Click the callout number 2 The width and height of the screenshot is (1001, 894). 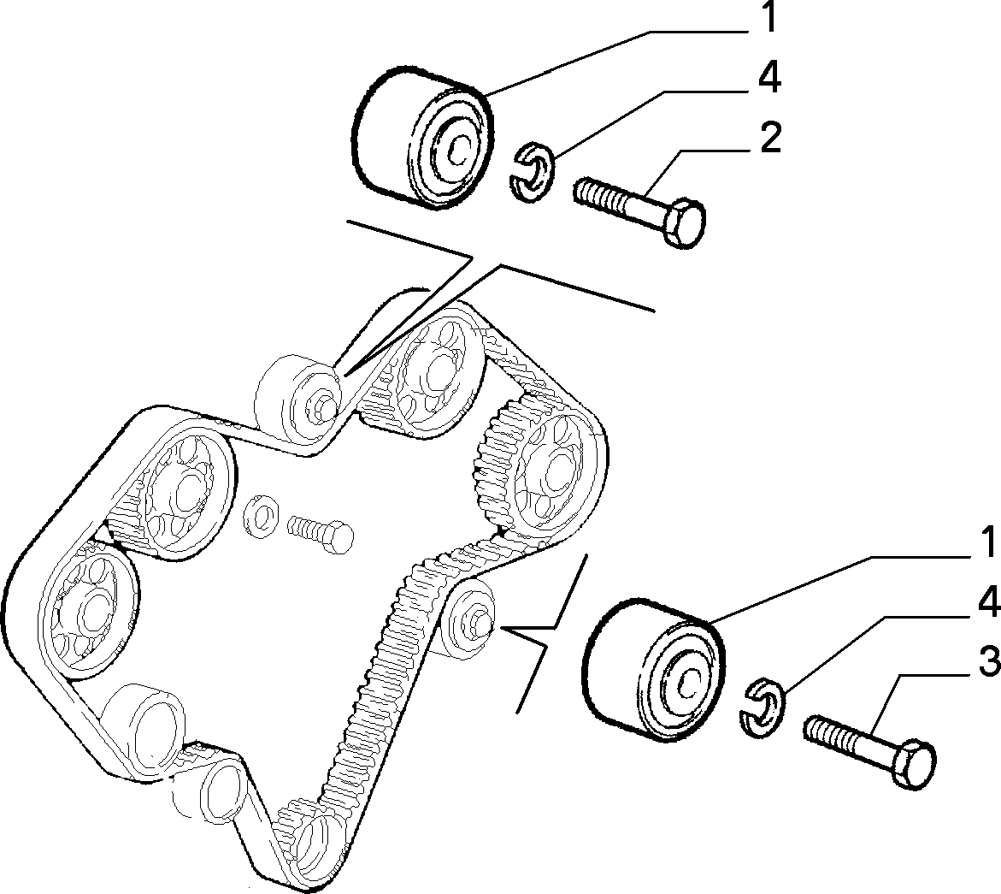pos(770,138)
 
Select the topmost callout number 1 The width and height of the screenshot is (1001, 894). pos(770,17)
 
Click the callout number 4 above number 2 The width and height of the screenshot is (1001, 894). pos(769,78)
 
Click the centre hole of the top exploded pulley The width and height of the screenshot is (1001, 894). pos(457,151)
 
